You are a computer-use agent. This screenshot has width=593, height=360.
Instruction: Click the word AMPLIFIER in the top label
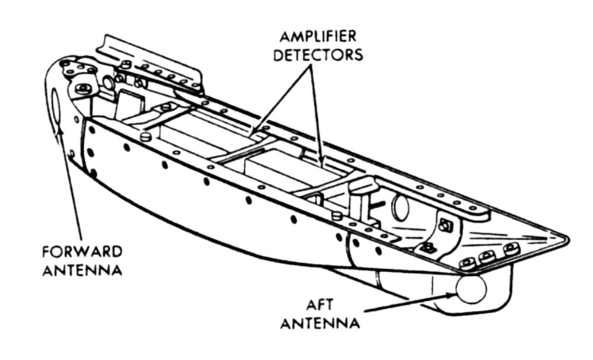[x=318, y=36]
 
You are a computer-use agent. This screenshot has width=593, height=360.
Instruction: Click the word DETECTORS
[x=318, y=55]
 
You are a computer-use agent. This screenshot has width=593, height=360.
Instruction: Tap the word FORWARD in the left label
[x=82, y=251]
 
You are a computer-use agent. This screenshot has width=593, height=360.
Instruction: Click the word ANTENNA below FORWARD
[x=82, y=270]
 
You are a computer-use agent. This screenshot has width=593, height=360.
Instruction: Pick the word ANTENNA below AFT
[x=320, y=323]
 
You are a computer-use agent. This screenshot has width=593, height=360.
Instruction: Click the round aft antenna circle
[x=471, y=289]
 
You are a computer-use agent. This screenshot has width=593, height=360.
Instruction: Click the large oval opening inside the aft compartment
[x=401, y=206]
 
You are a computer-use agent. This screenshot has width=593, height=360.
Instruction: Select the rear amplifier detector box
[x=291, y=168]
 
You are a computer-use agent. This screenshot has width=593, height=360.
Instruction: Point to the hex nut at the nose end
[x=83, y=90]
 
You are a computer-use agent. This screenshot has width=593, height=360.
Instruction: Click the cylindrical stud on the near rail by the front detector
[x=146, y=136]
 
